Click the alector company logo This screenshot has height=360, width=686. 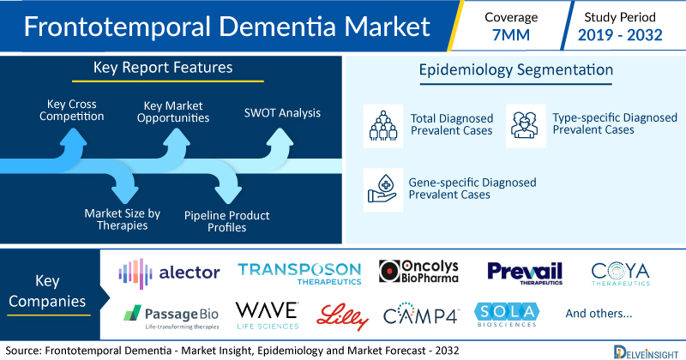169,273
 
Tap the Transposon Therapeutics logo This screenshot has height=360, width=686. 299,273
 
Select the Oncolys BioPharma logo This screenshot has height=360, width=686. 418,271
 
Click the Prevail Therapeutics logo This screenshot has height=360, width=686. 525,273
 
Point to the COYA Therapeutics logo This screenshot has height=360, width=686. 620,273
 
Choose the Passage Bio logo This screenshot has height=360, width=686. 171,317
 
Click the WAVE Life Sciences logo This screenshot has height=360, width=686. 268,315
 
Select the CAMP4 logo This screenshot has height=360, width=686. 421,313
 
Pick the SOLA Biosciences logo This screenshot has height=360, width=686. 507,315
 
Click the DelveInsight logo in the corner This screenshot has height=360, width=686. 646,352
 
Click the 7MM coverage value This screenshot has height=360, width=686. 511,35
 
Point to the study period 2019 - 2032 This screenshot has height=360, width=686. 620,35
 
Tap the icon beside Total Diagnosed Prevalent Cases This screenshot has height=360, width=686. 383,125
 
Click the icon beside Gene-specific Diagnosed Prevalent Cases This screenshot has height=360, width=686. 383,189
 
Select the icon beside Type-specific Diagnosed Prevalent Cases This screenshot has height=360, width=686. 526,125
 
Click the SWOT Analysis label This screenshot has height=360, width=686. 282,113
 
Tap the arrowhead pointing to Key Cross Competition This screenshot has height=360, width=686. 73,136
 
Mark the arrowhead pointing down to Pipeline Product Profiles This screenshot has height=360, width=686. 227,195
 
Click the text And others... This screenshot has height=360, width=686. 599,313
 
